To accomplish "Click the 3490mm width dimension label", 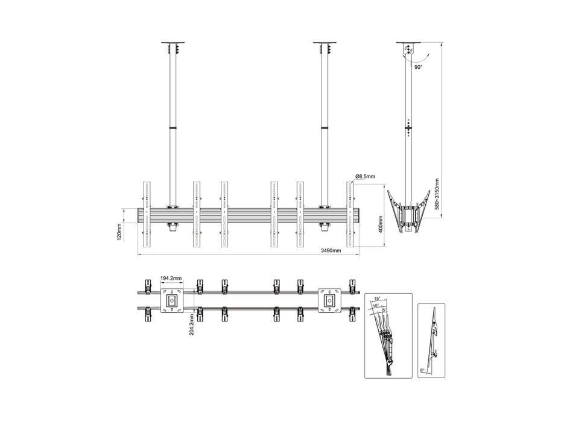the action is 331,250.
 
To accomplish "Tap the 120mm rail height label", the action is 119,232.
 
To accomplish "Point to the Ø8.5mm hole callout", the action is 366,176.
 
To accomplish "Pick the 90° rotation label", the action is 419,67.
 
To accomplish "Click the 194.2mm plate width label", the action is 171,278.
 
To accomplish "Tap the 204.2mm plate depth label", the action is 192,324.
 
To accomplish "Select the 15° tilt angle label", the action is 377,299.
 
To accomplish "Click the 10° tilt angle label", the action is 375,306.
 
